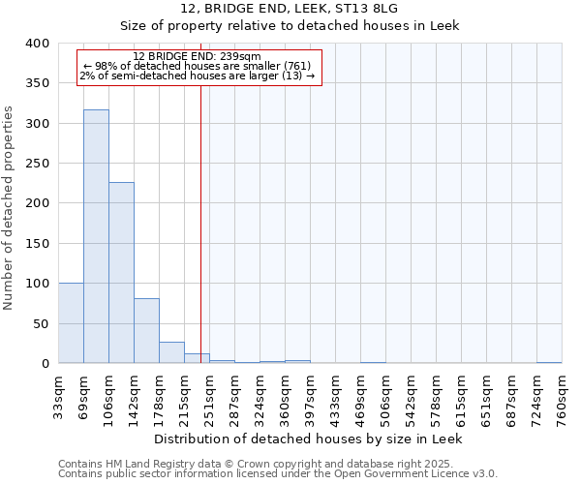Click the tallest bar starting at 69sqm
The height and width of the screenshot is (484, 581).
pos(96,237)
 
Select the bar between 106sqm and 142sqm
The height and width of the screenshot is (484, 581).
pos(121,273)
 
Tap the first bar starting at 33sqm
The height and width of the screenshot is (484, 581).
pos(71,323)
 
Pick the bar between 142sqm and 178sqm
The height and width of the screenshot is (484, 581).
pos(146,331)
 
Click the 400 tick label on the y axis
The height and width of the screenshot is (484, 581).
pos(38,44)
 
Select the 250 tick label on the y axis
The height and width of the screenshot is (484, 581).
pos(38,203)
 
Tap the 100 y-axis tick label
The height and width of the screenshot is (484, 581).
pos(38,284)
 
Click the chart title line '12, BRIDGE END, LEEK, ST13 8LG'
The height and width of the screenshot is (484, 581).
pos(290,9)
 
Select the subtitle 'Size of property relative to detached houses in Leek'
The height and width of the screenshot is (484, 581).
pos(290,26)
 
